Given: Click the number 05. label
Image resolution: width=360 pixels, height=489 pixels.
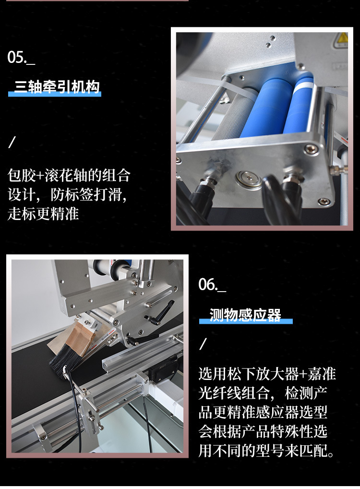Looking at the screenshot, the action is [21, 57].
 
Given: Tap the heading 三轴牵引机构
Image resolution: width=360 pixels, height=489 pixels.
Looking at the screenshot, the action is [57, 86].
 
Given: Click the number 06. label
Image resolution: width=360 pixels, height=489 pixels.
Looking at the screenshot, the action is [212, 284].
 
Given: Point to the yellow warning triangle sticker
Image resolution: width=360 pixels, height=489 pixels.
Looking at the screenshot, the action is [342, 38].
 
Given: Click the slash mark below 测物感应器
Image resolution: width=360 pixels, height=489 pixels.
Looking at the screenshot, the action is [203, 343].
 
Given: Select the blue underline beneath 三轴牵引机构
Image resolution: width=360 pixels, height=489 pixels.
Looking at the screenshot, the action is [55, 94].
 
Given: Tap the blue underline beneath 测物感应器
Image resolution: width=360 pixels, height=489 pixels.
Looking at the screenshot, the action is [246, 321].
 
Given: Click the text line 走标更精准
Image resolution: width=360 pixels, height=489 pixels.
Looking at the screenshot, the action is [43, 214].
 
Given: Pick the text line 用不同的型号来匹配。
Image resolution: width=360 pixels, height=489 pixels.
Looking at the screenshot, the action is [266, 450].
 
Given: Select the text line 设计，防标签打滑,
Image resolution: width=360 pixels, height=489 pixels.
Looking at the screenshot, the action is [67, 195].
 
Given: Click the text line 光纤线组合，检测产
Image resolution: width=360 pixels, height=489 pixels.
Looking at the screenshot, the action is [263, 393].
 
